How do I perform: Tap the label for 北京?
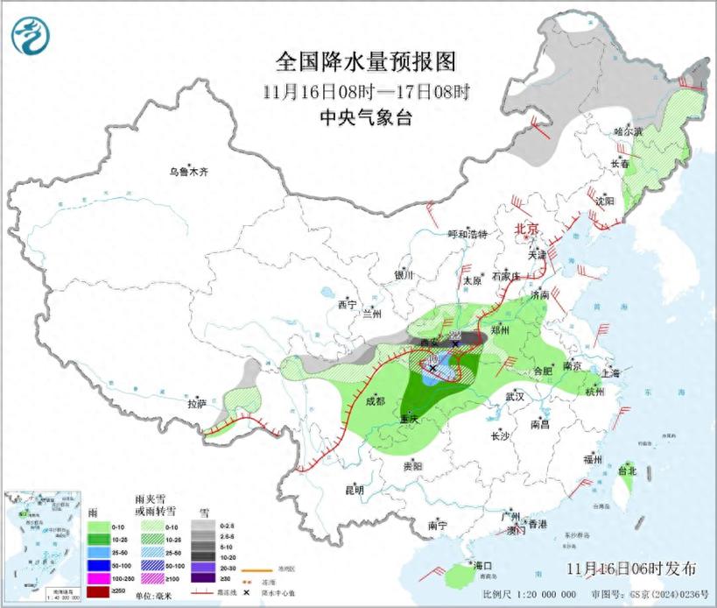(x=526, y=228)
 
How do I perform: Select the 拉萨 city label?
(x=196, y=404)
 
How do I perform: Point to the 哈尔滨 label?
(x=628, y=131)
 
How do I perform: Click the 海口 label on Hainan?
(x=482, y=565)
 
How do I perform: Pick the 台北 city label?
(x=627, y=470)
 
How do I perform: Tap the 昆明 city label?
(x=354, y=490)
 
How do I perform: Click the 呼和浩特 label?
(x=467, y=234)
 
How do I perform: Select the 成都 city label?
(x=375, y=401)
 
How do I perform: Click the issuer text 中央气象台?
(x=366, y=117)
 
